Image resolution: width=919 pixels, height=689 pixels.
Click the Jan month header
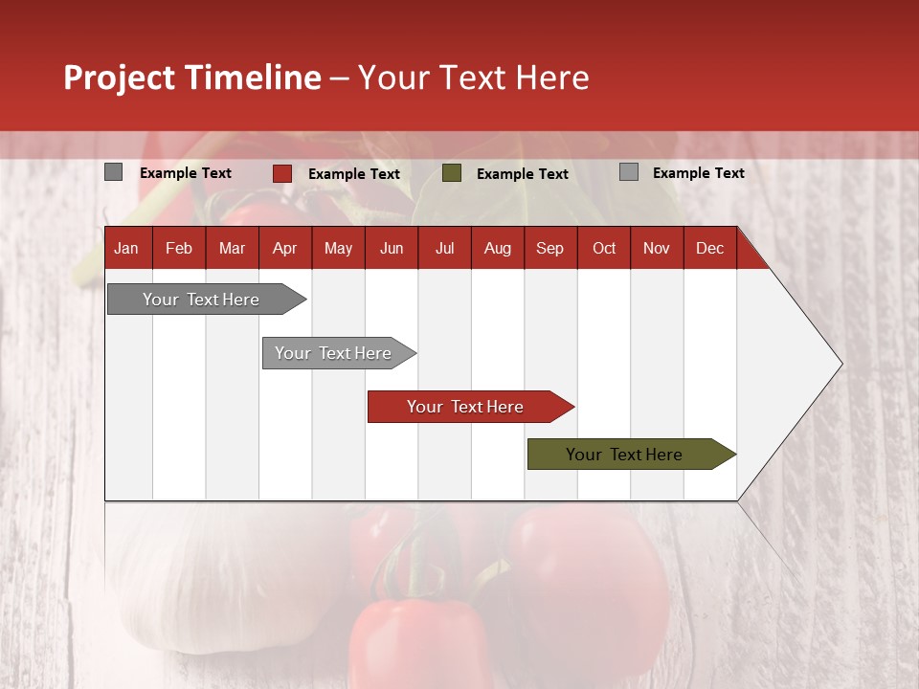click(126, 249)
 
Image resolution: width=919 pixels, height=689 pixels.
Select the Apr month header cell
click(285, 249)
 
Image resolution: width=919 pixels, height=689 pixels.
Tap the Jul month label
click(444, 249)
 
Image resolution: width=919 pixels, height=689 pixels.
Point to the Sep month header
click(549, 249)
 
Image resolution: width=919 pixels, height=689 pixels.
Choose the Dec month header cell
click(709, 249)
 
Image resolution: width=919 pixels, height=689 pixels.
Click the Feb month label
click(179, 249)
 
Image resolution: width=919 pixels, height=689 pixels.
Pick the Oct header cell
click(604, 249)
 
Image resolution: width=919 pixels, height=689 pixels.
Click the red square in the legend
click(282, 173)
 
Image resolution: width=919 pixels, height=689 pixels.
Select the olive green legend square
click(452, 173)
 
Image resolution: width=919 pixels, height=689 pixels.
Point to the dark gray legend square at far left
click(114, 172)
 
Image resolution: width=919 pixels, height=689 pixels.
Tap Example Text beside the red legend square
click(354, 174)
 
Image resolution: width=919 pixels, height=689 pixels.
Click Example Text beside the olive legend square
click(523, 174)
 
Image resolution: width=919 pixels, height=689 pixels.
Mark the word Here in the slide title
click(552, 78)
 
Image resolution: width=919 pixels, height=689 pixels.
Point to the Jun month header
click(392, 249)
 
